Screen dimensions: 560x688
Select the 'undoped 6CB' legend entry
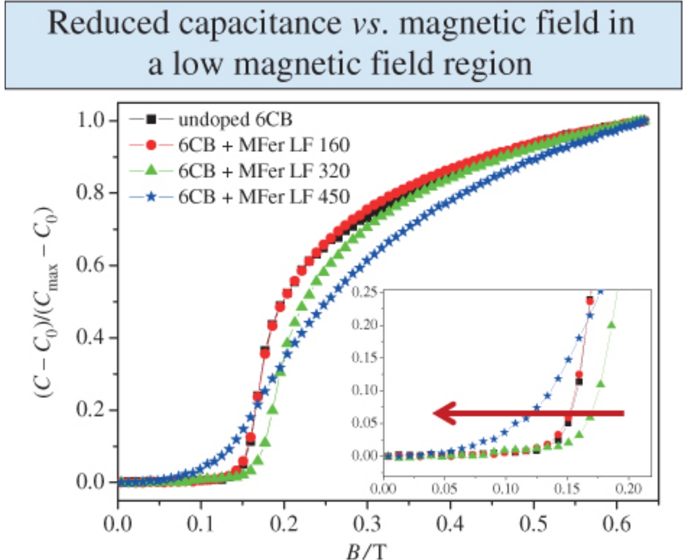pyautogui.click(x=235, y=120)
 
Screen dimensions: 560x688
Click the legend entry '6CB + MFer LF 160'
pyautogui.click(x=264, y=145)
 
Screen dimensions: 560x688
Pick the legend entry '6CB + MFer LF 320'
pyautogui.click(x=264, y=171)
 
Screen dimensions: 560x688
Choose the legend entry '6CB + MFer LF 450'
pyautogui.click(x=264, y=197)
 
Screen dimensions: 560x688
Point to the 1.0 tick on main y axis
pyautogui.click(x=91, y=120)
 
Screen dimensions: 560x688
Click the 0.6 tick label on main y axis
pyautogui.click(x=91, y=265)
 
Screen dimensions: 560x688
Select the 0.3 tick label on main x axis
pyautogui.click(x=367, y=524)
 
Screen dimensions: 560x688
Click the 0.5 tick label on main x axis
pyautogui.click(x=533, y=524)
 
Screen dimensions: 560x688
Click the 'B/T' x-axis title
pyautogui.click(x=365, y=551)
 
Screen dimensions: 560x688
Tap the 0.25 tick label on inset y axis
pyautogui.click(x=364, y=293)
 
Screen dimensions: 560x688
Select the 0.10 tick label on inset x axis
pyautogui.click(x=505, y=489)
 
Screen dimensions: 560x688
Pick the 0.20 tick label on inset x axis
pyautogui.click(x=628, y=489)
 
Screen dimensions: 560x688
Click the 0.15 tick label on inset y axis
pyautogui.click(x=364, y=358)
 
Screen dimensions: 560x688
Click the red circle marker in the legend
pyautogui.click(x=151, y=145)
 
